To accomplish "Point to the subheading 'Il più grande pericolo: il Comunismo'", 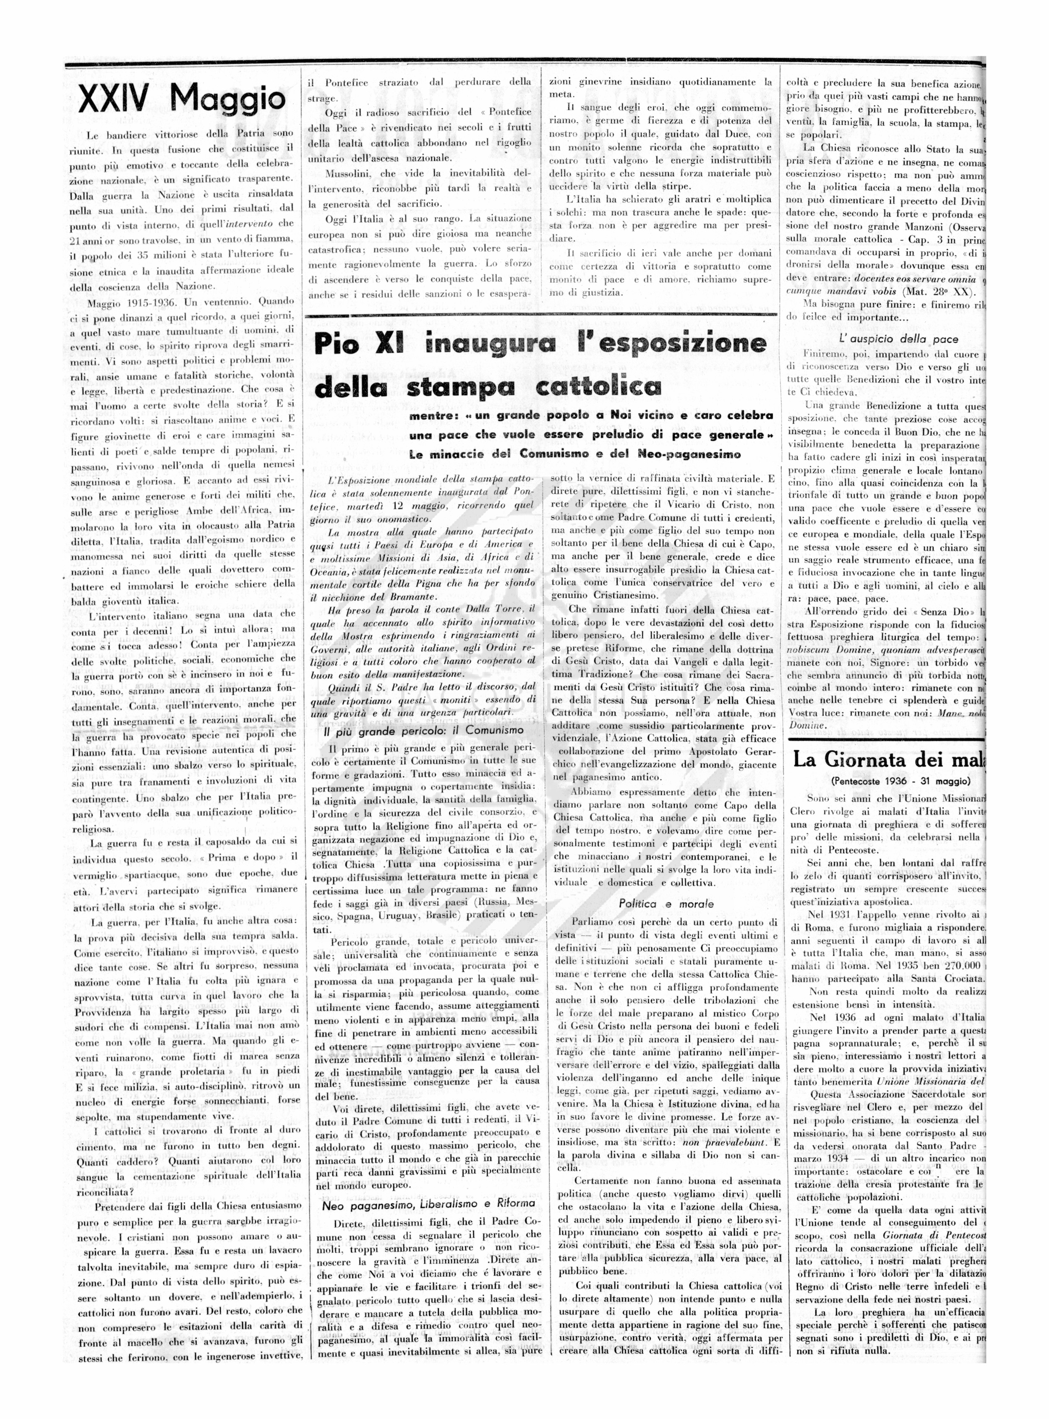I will tap(423, 730).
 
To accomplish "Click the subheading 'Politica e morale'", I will tap(666, 903).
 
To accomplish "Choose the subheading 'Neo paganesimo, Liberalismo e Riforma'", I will tap(428, 1203).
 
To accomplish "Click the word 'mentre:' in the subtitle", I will tap(433, 416).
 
